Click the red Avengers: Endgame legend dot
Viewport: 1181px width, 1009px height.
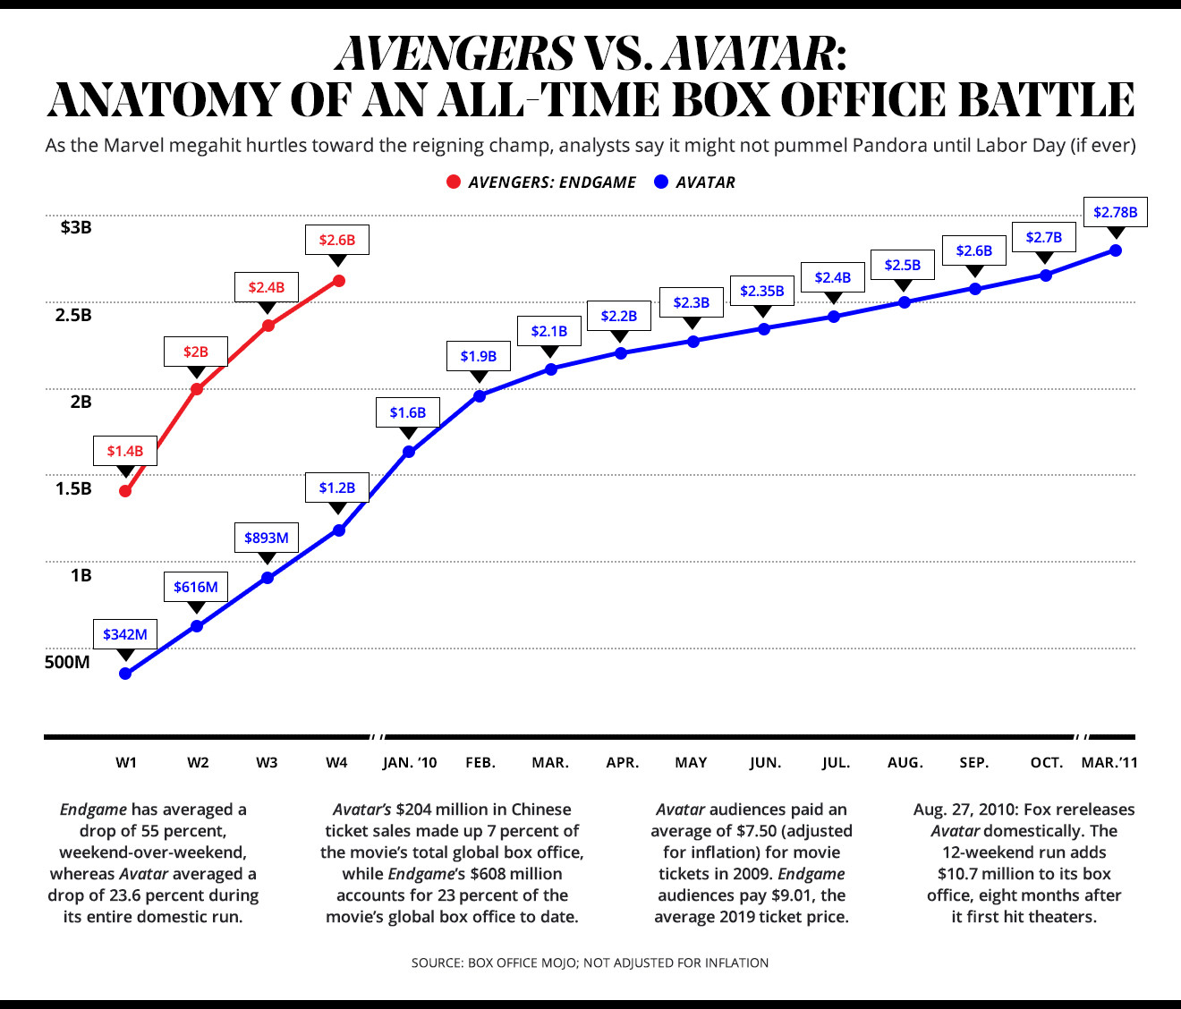pyautogui.click(x=453, y=182)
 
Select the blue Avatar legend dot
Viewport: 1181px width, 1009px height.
pyautogui.click(x=661, y=182)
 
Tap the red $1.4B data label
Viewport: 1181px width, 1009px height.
pyautogui.click(x=125, y=451)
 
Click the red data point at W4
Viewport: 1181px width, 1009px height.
pyautogui.click(x=338, y=281)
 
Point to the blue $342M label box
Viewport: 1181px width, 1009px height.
pyautogui.click(x=125, y=634)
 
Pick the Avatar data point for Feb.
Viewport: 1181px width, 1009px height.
pyautogui.click(x=480, y=395)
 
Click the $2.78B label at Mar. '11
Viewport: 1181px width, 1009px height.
pyautogui.click(x=1116, y=212)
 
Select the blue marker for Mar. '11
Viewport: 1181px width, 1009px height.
pyautogui.click(x=1116, y=250)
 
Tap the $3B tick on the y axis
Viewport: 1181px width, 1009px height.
pyautogui.click(x=76, y=227)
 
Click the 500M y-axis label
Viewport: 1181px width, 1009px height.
pyautogui.click(x=67, y=663)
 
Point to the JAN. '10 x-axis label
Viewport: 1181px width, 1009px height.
pyautogui.click(x=410, y=763)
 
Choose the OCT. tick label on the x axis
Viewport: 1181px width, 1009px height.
pyautogui.click(x=1046, y=763)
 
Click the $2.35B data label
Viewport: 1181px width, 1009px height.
pyautogui.click(x=762, y=291)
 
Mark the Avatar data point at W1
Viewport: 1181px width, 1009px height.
pyautogui.click(x=125, y=674)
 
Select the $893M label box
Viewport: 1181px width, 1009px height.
pyautogui.click(x=267, y=538)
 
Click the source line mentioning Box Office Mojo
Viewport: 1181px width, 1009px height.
pyautogui.click(x=590, y=962)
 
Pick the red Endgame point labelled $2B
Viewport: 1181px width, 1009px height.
pyautogui.click(x=197, y=389)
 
